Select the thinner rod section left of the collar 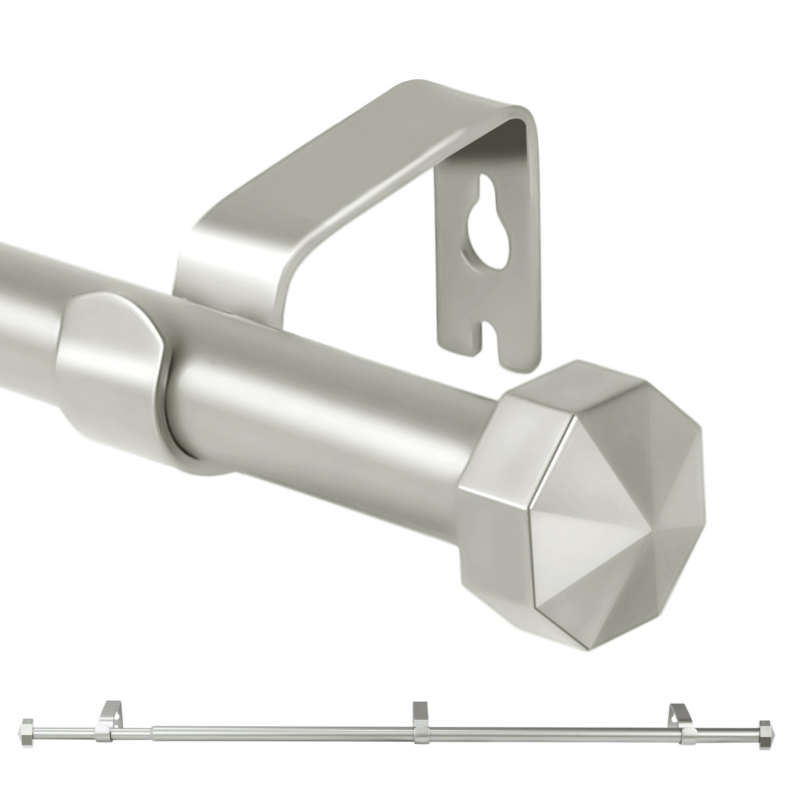pos(25,305)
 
